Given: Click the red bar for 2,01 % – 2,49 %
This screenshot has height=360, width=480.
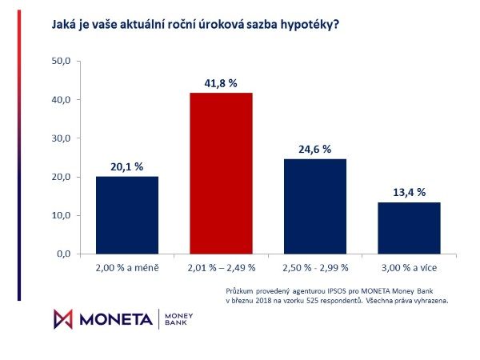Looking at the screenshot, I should point(220,173).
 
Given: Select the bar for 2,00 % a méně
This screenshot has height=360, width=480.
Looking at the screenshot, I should point(126,214).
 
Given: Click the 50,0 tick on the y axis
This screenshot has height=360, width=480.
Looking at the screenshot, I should point(62,61).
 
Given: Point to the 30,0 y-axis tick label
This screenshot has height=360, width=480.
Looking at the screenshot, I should point(62,138).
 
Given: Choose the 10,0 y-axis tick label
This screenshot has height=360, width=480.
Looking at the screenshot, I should point(62,215).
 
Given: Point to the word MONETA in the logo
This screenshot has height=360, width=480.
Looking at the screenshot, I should point(117,318).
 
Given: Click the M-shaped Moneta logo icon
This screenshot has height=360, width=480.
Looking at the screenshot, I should point(62,318).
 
